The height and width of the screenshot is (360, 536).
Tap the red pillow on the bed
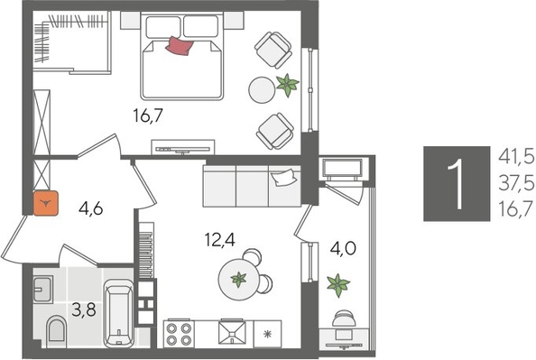point(179,45)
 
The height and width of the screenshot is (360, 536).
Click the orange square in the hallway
point(45,204)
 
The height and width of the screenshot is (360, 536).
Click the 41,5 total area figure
point(514,157)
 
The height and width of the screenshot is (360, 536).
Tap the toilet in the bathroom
point(55,331)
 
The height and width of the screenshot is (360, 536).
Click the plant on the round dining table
point(238,280)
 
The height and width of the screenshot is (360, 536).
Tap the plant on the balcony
point(337,285)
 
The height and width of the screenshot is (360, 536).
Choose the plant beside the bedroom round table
point(286,86)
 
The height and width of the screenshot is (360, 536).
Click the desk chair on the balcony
point(343,320)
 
